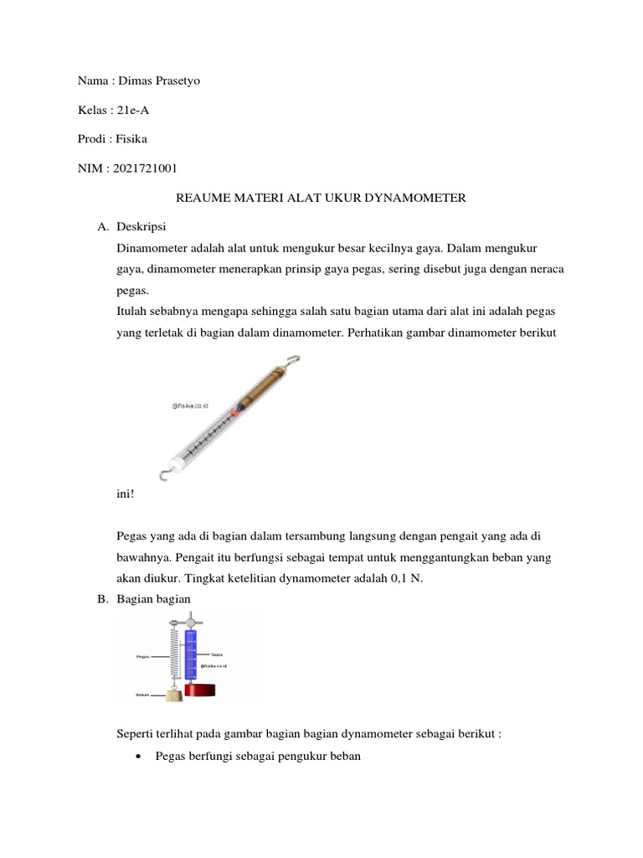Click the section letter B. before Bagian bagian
tap(103, 599)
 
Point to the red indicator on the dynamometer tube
tap(237, 413)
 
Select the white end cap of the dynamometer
tap(177, 461)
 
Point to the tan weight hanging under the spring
tap(174, 695)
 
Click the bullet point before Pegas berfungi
tap(136, 756)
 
